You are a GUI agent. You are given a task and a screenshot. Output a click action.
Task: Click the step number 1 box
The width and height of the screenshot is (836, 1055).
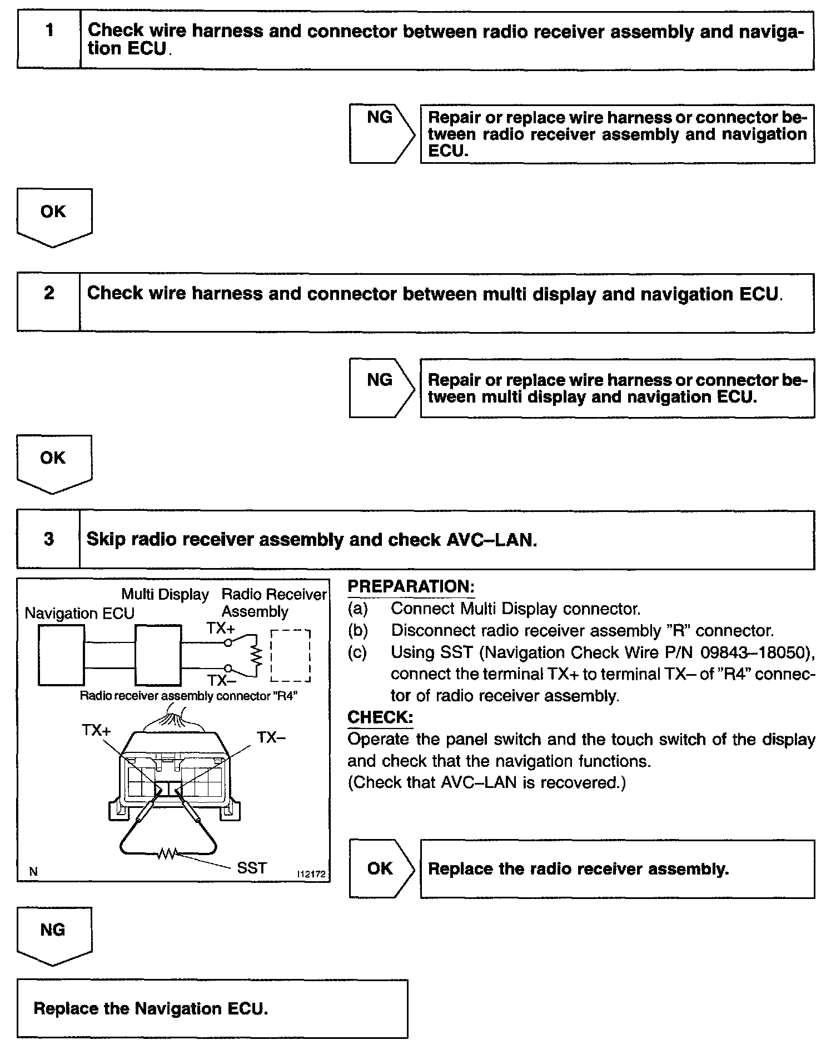tap(49, 39)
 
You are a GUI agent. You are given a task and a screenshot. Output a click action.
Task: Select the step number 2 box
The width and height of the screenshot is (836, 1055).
tap(49, 302)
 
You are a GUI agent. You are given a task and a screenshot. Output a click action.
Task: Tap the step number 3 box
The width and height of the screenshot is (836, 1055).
tap(49, 540)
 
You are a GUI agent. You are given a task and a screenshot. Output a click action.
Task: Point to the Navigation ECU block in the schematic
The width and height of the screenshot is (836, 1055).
tap(62, 655)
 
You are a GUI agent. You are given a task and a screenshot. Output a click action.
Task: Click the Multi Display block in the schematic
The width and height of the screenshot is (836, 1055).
tap(158, 655)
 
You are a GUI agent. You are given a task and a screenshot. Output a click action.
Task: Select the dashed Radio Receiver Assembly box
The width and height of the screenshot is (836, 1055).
tap(290, 656)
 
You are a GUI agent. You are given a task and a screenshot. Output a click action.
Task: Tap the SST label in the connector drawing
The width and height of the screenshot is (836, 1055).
tap(252, 868)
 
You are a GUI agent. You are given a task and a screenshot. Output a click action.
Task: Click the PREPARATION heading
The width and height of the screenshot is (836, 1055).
tap(411, 587)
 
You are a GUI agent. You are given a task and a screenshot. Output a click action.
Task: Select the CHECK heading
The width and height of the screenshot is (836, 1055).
tap(380, 717)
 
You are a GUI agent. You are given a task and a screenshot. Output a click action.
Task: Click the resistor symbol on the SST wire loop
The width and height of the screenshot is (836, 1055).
tap(167, 853)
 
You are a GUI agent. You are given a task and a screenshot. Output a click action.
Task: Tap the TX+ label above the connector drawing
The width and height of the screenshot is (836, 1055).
tap(97, 730)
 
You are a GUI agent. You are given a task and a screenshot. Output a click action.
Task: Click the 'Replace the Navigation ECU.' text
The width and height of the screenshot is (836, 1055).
tap(151, 1008)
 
